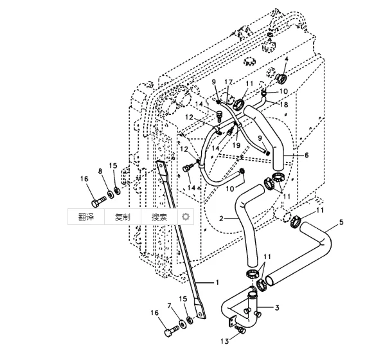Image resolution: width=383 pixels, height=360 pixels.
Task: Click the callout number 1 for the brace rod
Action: click(217, 282)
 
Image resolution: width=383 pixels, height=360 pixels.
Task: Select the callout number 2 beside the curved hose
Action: click(221, 218)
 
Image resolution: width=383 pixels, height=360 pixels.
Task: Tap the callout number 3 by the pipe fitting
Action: click(277, 307)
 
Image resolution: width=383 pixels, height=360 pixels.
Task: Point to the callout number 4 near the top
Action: click(287, 59)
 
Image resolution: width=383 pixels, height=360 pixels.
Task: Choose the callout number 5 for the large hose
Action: click(341, 222)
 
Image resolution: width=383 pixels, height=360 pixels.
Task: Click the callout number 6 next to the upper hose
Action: click(307, 155)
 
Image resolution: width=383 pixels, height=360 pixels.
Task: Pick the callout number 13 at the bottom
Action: click(225, 341)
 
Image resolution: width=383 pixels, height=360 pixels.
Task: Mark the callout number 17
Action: click(228, 82)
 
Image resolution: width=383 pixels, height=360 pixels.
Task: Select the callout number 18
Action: click(284, 105)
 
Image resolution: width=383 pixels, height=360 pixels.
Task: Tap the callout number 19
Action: click(236, 145)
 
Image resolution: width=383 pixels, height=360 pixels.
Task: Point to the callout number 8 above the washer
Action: click(100, 172)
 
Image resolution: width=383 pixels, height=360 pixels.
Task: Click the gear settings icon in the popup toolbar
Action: click(186, 217)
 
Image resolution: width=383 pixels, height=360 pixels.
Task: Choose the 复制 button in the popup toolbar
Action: click(123, 217)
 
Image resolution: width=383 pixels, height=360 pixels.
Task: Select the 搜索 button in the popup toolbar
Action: click(159, 217)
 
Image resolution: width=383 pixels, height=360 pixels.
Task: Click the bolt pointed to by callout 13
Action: click(240, 329)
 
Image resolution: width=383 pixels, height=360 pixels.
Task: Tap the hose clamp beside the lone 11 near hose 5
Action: click(295, 221)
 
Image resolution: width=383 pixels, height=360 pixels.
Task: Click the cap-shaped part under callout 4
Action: click(281, 78)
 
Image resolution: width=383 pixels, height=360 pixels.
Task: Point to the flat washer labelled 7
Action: click(182, 323)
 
